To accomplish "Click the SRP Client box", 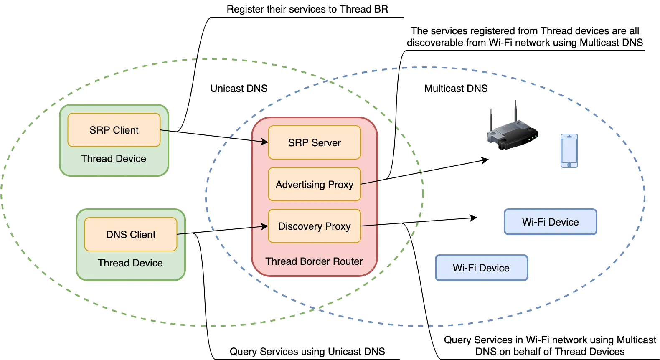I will [114, 130].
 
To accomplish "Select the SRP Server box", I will [314, 142].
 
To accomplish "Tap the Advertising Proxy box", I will [314, 184].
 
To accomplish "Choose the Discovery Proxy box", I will [314, 226].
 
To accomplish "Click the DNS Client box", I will [131, 234].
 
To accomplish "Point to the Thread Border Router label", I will [314, 261].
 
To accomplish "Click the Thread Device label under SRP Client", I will [114, 159].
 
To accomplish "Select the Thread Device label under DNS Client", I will [130, 263].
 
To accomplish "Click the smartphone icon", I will [569, 151].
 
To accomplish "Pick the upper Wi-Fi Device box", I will [551, 222].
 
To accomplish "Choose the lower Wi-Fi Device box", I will [481, 268].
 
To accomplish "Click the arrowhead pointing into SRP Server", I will [264, 142].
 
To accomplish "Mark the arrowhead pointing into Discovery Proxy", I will [264, 226].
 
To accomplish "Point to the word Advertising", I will [300, 184].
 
